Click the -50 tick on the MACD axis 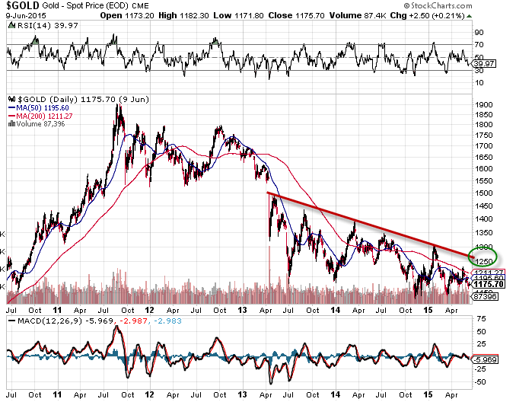479,382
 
